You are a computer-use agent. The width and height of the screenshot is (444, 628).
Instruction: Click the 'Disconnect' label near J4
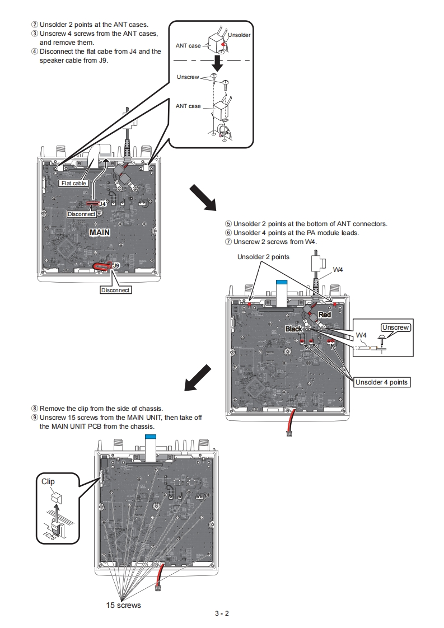pos(81,214)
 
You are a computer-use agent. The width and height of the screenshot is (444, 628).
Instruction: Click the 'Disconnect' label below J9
pos(115,290)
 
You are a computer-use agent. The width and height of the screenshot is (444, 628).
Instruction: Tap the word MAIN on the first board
pos(100,231)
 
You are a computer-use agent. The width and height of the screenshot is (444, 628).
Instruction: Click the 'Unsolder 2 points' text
pos(263,257)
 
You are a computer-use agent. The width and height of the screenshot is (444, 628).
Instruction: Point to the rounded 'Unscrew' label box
pos(396,327)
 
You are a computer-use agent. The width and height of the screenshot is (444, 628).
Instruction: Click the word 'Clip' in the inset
pos(49,481)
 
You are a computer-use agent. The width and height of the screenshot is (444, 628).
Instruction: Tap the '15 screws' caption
pos(124,605)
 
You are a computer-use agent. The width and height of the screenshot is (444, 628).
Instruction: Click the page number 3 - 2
pos(222,613)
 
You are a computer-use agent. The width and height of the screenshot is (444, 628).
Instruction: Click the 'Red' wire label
pos(325,315)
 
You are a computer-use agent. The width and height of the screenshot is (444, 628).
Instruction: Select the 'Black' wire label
pos(294,329)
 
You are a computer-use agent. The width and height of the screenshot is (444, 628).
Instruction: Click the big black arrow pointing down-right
pos(203,198)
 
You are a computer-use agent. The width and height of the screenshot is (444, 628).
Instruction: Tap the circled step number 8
pos(34,409)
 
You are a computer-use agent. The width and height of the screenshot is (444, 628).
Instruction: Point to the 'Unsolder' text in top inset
pos(239,35)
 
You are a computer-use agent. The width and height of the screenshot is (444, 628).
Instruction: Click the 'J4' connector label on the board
pos(102,204)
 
